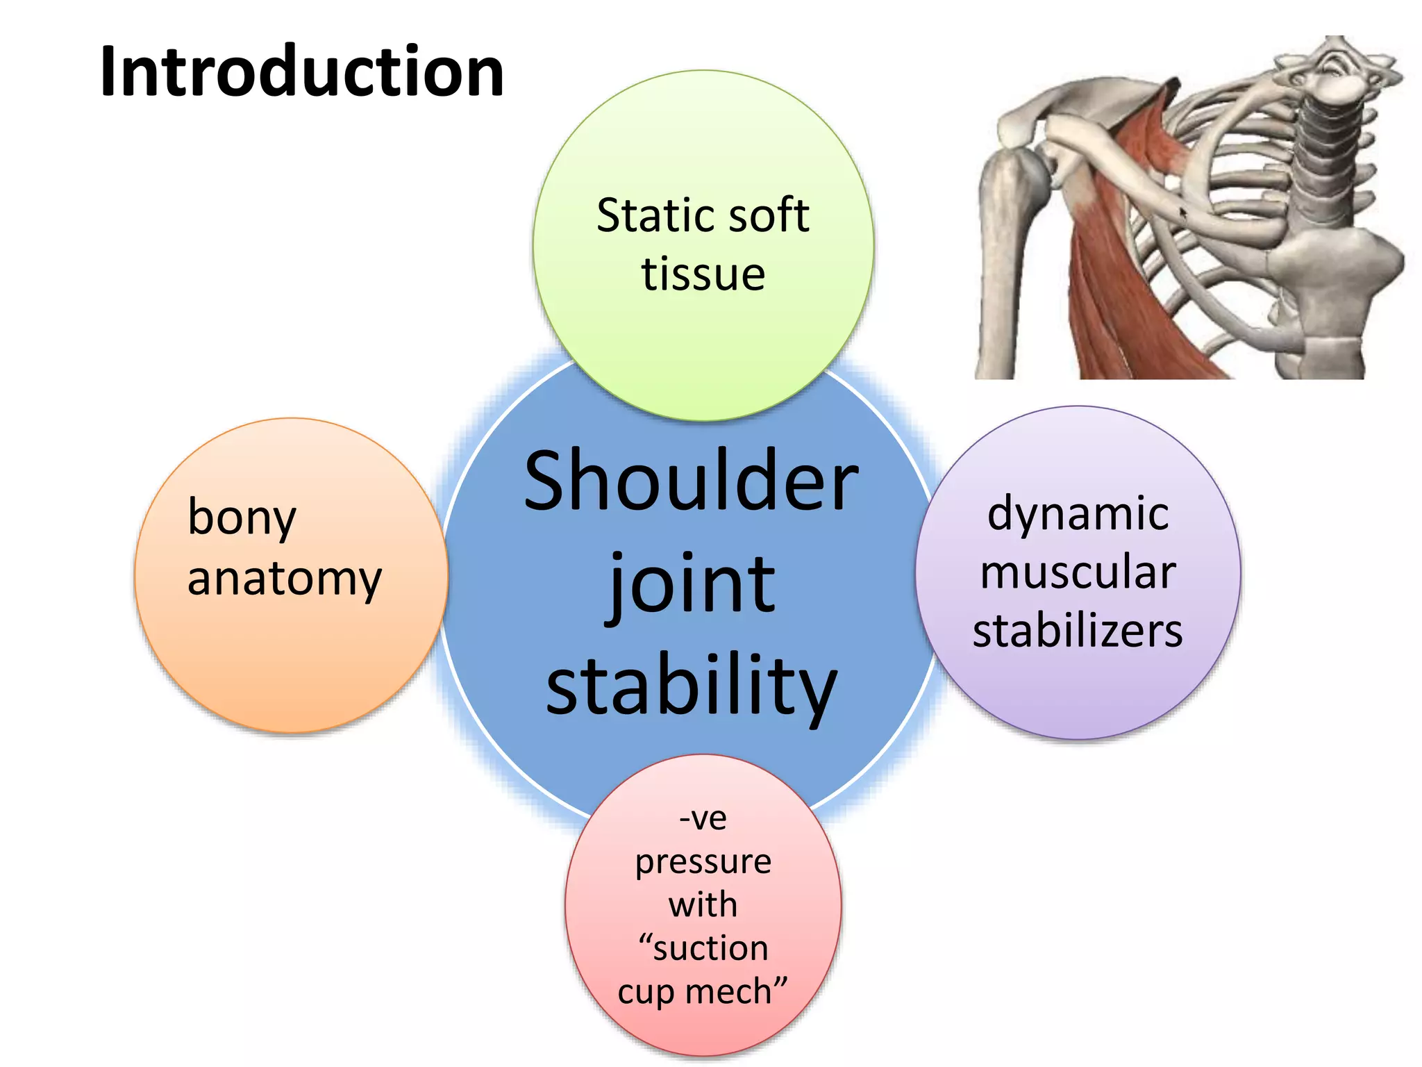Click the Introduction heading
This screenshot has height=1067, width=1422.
(x=302, y=72)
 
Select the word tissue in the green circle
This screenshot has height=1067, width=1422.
(x=703, y=274)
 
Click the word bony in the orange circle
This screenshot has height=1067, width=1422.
(x=242, y=518)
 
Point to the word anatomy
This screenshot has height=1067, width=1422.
(x=285, y=578)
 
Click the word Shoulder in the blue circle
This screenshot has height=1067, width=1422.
(x=691, y=481)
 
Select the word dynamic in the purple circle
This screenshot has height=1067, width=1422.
(x=1078, y=514)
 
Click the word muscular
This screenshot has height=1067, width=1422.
(x=1078, y=572)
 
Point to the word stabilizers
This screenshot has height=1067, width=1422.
(x=1078, y=631)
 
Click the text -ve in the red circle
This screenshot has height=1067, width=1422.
(x=703, y=818)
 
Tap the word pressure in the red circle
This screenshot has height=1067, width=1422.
(x=703, y=862)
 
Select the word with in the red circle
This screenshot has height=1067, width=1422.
(x=703, y=905)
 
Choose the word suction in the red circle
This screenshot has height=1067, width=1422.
(x=710, y=948)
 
